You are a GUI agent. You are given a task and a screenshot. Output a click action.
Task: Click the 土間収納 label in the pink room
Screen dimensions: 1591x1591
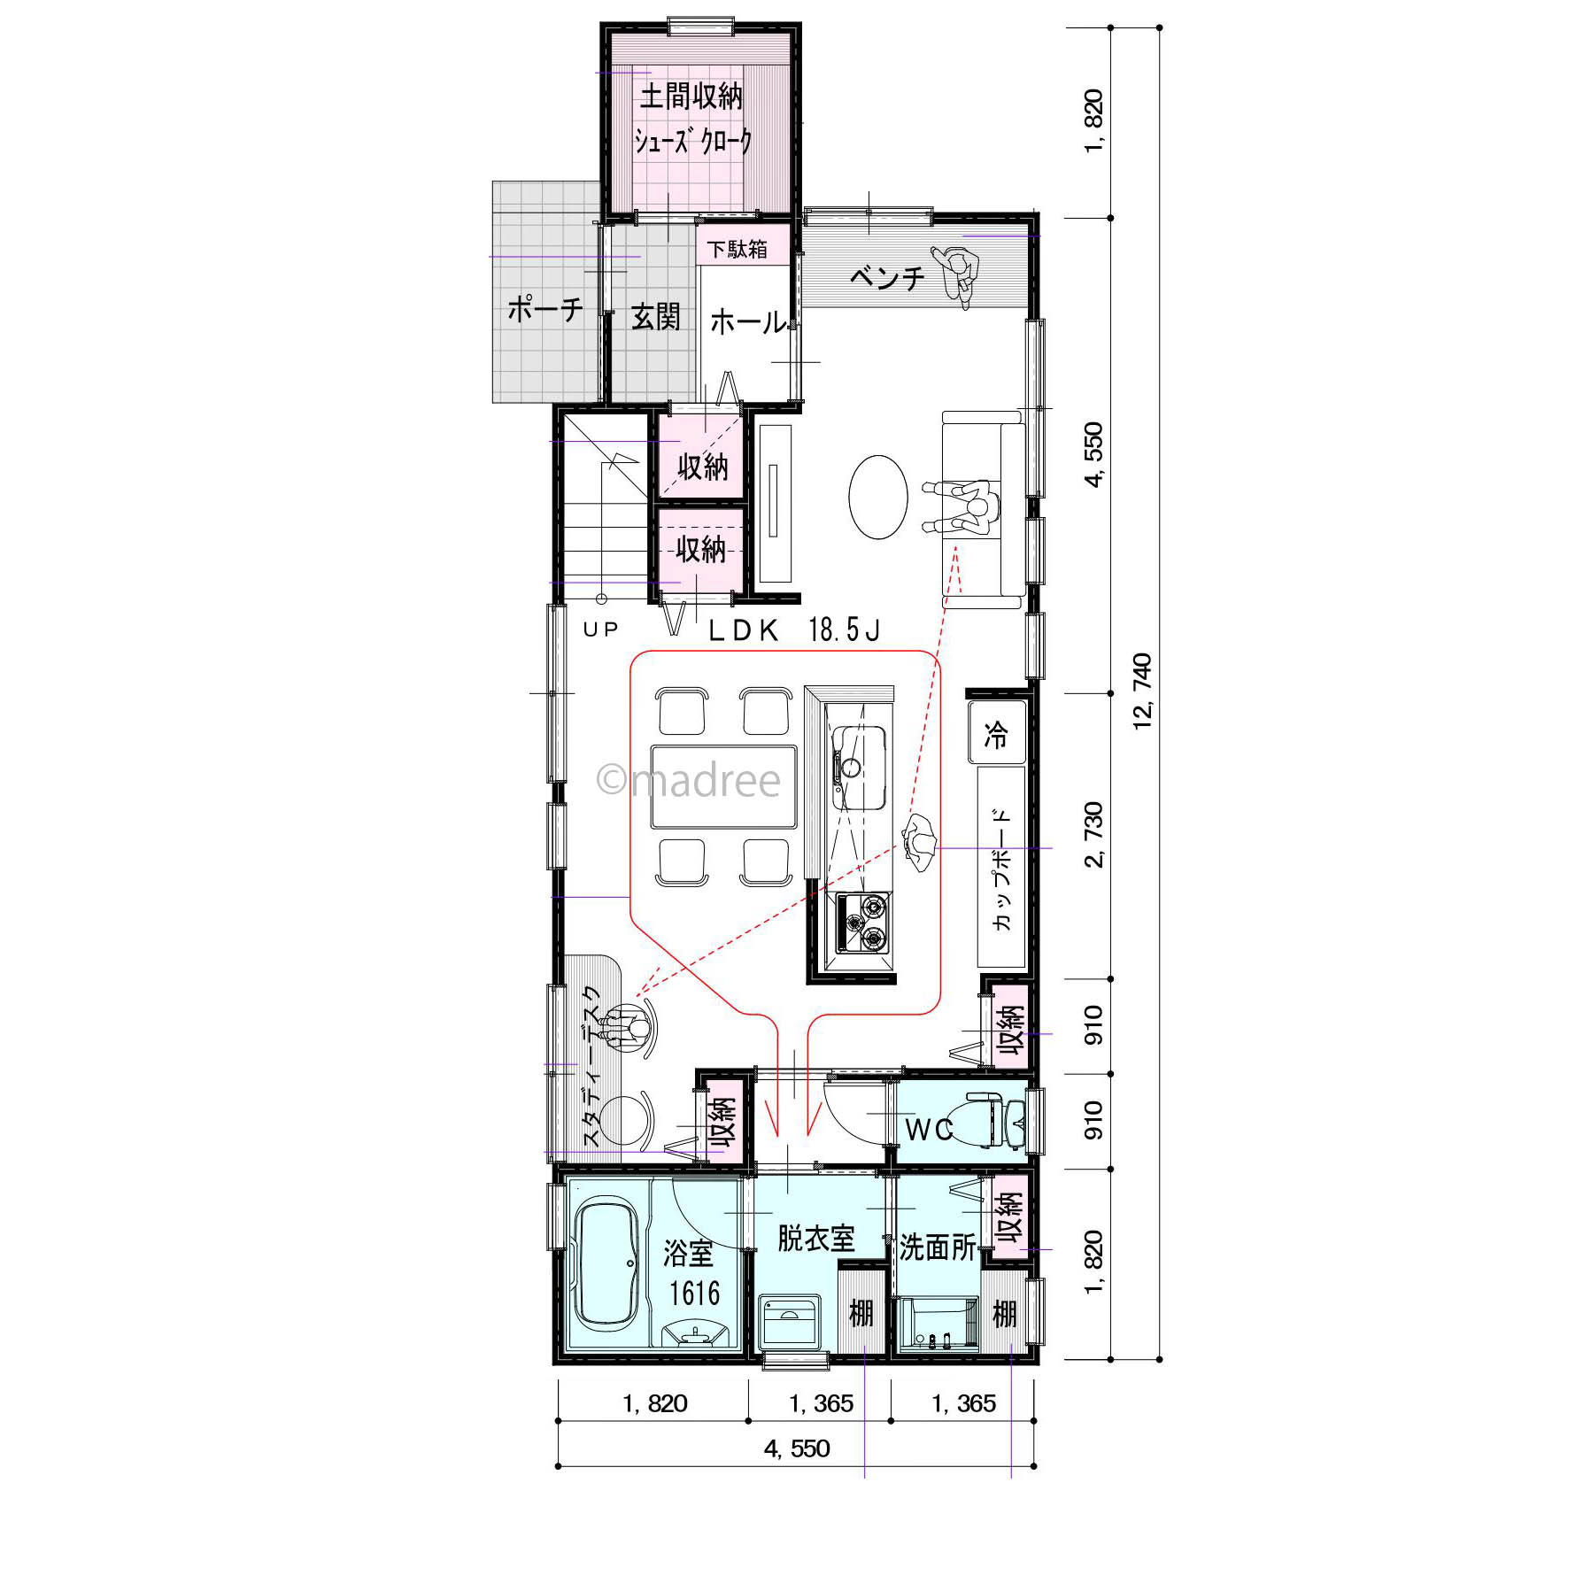(x=691, y=97)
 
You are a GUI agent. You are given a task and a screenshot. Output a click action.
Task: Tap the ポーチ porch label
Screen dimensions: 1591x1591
(x=545, y=308)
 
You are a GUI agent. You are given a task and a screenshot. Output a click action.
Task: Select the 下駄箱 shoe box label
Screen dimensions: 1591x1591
(x=738, y=249)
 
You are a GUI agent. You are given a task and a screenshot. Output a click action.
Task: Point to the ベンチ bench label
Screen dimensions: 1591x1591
(x=887, y=278)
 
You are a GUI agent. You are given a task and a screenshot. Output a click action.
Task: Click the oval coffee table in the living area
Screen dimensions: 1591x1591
(x=878, y=497)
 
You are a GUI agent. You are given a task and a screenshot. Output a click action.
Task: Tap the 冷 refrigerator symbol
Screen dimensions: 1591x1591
(x=997, y=733)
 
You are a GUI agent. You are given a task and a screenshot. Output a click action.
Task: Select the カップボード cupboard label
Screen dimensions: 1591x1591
(x=1001, y=869)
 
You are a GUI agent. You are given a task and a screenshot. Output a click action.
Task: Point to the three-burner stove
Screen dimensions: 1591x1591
(x=863, y=922)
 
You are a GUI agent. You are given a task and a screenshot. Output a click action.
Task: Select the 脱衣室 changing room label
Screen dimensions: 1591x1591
(x=816, y=1238)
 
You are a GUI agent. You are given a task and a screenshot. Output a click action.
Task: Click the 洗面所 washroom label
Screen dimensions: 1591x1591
(x=937, y=1247)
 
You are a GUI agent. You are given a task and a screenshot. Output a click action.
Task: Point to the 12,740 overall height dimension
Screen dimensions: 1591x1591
(x=1143, y=691)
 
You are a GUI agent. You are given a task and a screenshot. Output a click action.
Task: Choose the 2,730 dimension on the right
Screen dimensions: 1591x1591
(x=1094, y=835)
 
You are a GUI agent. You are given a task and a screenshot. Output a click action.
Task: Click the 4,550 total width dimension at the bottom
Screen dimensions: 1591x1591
(x=797, y=1448)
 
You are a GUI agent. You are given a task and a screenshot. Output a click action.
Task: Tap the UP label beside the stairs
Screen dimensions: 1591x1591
(x=600, y=629)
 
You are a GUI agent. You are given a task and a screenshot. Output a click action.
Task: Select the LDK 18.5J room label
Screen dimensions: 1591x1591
(x=794, y=630)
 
